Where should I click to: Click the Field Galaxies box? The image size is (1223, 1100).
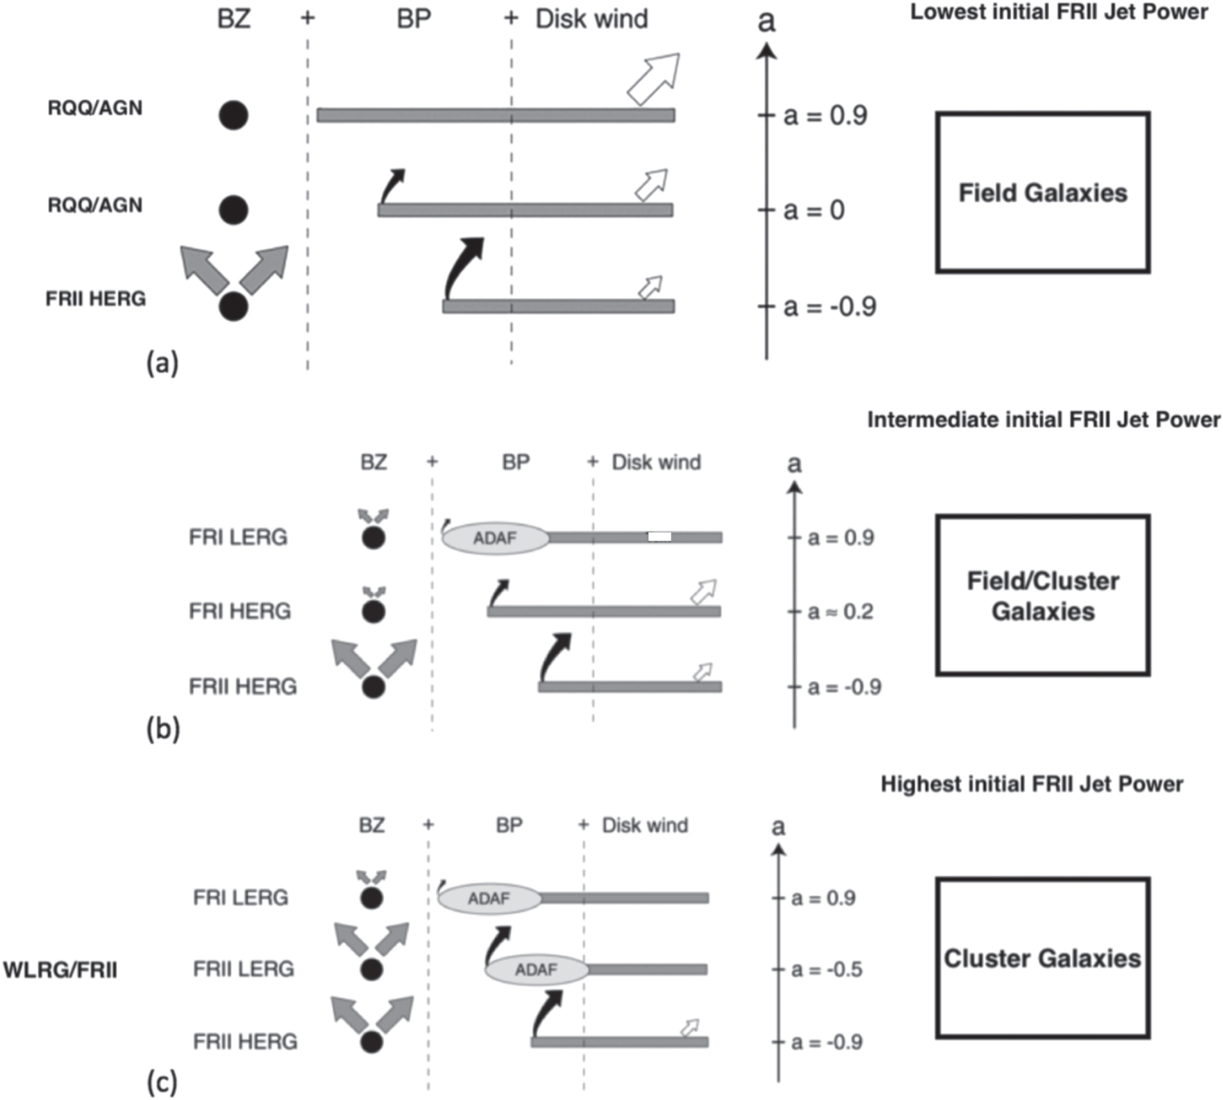[1043, 193]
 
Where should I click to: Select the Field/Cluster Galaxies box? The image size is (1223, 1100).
[1043, 596]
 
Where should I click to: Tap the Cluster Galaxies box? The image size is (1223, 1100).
[1043, 959]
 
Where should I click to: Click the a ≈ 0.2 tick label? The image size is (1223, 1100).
[841, 611]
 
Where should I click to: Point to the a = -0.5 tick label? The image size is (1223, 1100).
[826, 969]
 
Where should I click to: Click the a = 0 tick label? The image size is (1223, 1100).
[814, 211]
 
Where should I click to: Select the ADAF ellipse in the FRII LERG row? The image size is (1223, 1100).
[536, 969]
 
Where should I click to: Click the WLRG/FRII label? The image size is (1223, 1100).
[60, 970]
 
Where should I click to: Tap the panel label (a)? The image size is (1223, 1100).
[163, 363]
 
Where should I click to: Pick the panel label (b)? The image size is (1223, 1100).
[163, 730]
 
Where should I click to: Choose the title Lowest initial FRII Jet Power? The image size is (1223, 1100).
[1059, 12]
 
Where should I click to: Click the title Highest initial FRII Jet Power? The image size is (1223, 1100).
[1032, 784]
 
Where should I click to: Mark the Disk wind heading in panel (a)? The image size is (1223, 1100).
[592, 18]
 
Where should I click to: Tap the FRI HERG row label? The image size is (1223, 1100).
[240, 611]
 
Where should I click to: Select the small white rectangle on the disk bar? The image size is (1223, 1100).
[660, 537]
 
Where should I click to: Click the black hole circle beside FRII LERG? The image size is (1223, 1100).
[372, 969]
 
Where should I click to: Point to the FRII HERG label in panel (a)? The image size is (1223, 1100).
[96, 299]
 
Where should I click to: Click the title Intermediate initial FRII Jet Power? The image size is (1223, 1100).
[1044, 419]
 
